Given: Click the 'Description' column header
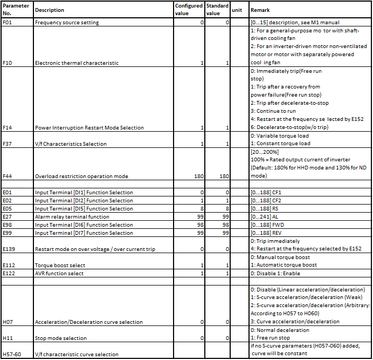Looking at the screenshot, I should [50, 10].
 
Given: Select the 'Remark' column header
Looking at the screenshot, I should [260, 10].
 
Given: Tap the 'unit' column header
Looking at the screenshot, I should [237, 10].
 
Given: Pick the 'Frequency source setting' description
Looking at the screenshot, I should [67, 23].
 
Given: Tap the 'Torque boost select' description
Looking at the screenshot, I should [60, 266].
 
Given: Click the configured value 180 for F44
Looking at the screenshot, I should [199, 176].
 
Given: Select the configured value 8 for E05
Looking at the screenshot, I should [202, 209].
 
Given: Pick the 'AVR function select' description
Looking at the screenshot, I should [59, 274].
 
